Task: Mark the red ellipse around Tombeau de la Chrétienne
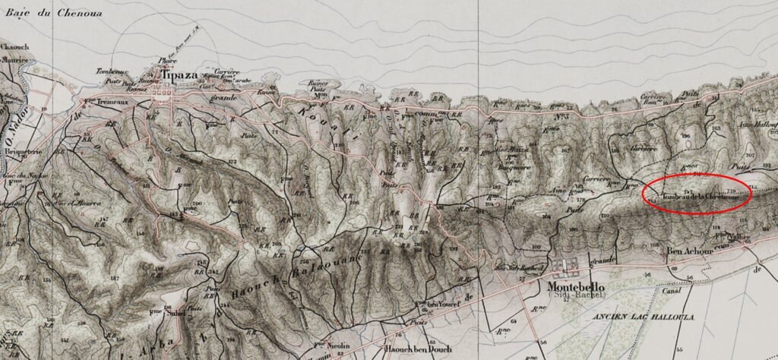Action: [x=697, y=192]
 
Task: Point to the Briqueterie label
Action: [x=20, y=150]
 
